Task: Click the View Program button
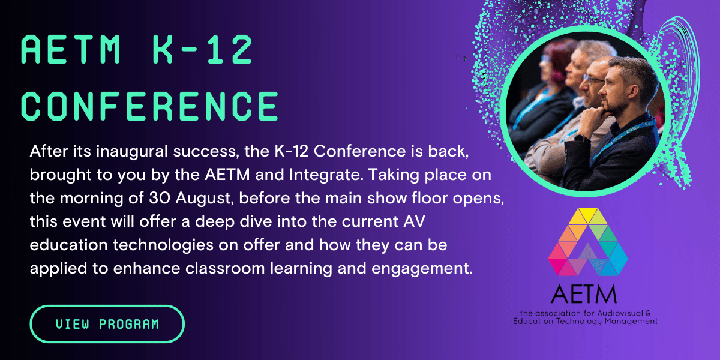click(107, 324)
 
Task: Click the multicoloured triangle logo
click(588, 242)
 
